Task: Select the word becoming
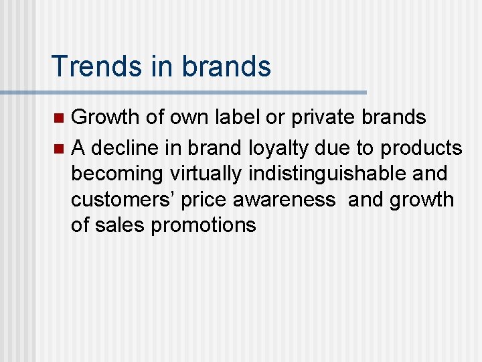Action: (117, 172)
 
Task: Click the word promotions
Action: (204, 225)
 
